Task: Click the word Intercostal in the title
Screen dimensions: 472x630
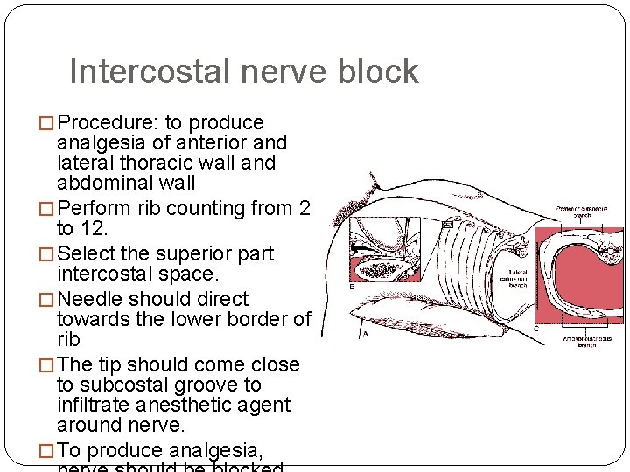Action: tap(139, 72)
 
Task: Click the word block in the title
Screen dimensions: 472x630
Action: tap(375, 72)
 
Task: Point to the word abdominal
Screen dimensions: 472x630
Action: tap(102, 184)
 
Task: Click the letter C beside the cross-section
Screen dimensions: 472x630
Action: tap(535, 329)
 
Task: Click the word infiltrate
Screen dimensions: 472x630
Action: tap(93, 406)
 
